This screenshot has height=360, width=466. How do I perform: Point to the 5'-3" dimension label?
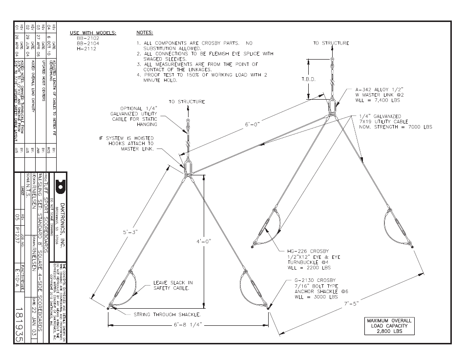(x=132, y=233)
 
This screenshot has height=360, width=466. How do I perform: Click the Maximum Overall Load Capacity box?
(x=390, y=326)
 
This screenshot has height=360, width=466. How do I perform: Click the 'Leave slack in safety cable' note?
(x=172, y=285)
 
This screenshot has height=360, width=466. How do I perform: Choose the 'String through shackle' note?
(x=167, y=315)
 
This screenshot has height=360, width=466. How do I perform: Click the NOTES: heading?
(x=145, y=33)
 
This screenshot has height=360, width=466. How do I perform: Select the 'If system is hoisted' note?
(x=127, y=144)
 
